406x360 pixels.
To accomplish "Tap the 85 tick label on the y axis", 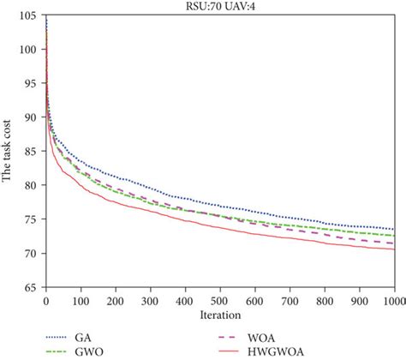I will tap(31, 151).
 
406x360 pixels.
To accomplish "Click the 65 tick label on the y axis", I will tap(31, 287).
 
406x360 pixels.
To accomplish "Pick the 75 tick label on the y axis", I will tap(31, 219).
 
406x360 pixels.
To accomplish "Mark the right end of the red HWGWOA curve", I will tap(394, 249).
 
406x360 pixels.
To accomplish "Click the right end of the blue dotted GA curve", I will tap(394, 229).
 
